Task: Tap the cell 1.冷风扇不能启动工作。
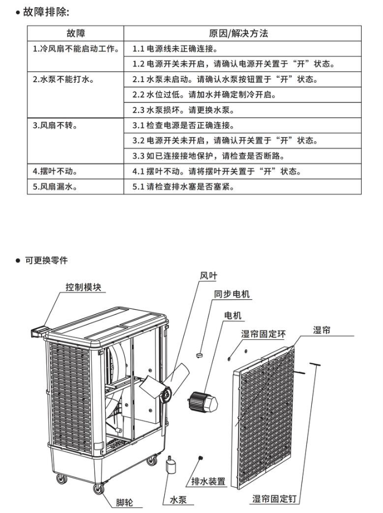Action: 76,49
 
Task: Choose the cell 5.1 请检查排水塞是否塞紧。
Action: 183,187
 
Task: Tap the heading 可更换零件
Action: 46,260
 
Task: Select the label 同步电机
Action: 231,294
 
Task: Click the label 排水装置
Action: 208,481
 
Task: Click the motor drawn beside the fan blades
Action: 202,401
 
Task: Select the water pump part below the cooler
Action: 171,468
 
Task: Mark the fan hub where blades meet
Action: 165,391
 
